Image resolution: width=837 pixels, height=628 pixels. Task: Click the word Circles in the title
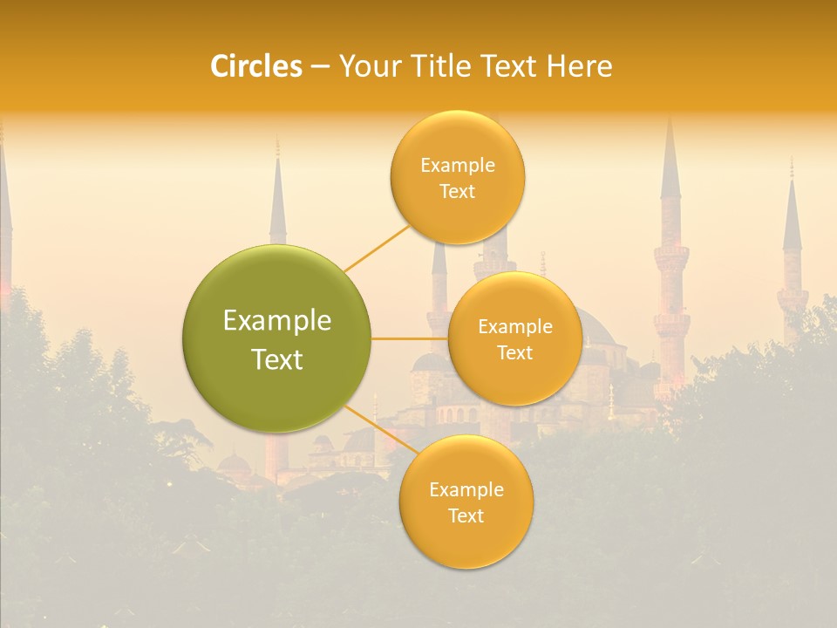(x=255, y=66)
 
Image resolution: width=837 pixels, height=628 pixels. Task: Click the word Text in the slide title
(x=511, y=66)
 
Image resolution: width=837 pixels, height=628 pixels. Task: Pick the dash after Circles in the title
(x=320, y=67)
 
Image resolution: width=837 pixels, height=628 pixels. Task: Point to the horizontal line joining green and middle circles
(x=410, y=338)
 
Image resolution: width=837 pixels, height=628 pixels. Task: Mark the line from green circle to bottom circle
(x=381, y=427)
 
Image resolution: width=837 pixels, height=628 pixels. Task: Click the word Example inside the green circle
(x=277, y=321)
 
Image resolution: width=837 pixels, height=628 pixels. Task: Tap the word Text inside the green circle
(x=277, y=359)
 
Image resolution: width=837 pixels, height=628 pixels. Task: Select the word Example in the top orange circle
(x=457, y=166)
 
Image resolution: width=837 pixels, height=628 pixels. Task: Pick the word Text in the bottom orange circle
(x=466, y=515)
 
